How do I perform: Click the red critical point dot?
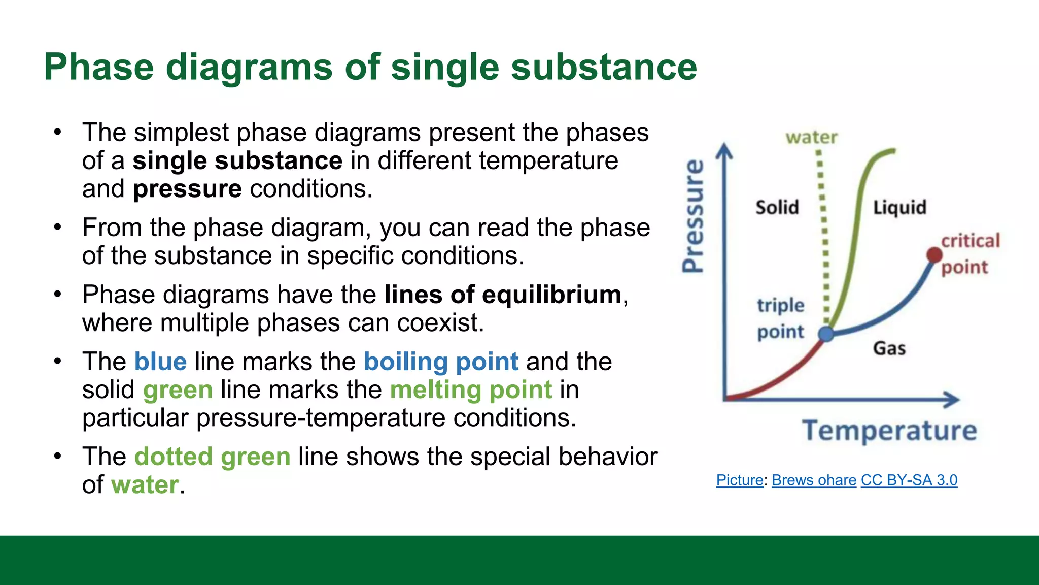point(934,255)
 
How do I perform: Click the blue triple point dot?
point(826,334)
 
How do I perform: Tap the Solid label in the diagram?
point(777,207)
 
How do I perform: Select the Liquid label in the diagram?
point(899,207)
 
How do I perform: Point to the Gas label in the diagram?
point(889,348)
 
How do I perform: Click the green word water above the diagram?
point(811,137)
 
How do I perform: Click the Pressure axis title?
point(693,216)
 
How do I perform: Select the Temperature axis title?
point(889,431)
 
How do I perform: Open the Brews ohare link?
point(814,480)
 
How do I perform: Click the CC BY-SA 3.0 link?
point(909,480)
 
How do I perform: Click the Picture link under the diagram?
point(739,480)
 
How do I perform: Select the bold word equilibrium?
point(551,295)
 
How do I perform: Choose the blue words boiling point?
point(441,362)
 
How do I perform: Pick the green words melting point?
point(470,390)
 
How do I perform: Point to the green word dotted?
point(173,456)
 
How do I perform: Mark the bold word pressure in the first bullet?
point(187,189)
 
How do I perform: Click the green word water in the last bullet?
point(145,484)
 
